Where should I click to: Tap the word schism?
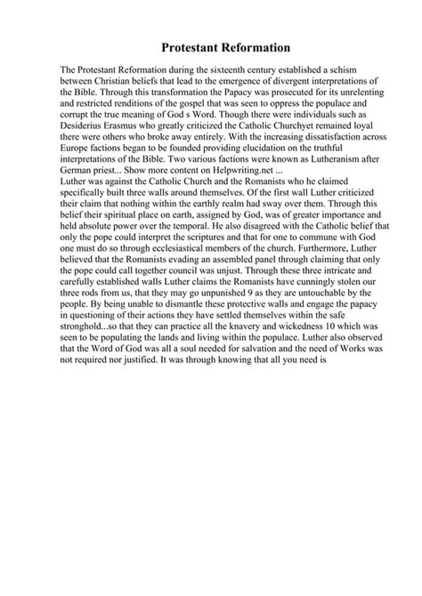click(x=339, y=68)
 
